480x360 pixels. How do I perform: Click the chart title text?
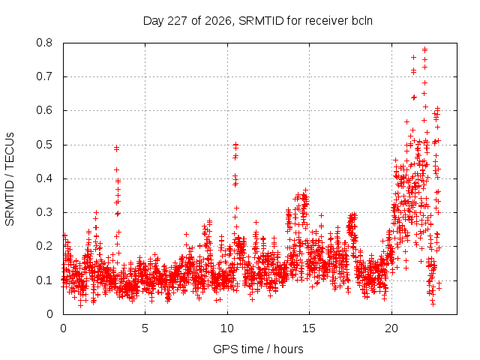(258, 21)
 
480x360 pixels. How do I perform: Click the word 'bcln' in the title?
(362, 21)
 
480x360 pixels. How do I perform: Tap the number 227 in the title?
(178, 21)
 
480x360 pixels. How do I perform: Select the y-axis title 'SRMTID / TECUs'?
(10, 179)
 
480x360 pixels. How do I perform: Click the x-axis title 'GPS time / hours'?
(258, 349)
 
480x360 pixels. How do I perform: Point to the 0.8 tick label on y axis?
(44, 43)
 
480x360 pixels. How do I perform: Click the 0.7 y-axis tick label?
(44, 76)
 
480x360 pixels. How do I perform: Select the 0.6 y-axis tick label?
(44, 110)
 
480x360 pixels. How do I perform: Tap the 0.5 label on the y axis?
(44, 145)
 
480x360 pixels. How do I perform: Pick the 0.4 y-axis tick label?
(44, 178)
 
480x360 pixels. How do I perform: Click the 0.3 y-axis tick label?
(44, 212)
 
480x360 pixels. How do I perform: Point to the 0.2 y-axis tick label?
(44, 246)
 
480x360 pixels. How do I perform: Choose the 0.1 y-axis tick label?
(44, 280)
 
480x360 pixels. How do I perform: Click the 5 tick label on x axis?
(145, 328)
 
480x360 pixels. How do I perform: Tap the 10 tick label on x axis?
(227, 328)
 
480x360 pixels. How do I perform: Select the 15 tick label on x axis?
(309, 328)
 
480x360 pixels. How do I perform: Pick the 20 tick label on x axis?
(391, 328)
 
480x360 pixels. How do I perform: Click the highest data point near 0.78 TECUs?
(424, 49)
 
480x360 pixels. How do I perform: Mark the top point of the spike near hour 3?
(116, 148)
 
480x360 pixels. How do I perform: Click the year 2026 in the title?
(218, 21)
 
